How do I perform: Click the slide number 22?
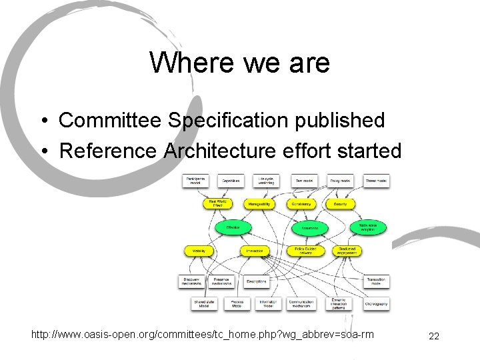click(434, 336)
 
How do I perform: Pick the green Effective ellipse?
click(233, 228)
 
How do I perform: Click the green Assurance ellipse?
click(310, 228)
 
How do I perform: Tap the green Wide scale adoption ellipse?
click(368, 228)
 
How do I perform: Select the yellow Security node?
click(340, 203)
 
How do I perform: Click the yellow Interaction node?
click(254, 251)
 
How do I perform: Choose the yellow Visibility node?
click(199, 251)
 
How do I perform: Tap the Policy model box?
click(340, 181)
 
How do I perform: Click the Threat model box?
click(377, 181)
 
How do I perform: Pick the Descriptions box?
click(256, 281)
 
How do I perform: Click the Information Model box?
click(267, 303)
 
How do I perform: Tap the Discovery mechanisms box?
click(191, 281)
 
